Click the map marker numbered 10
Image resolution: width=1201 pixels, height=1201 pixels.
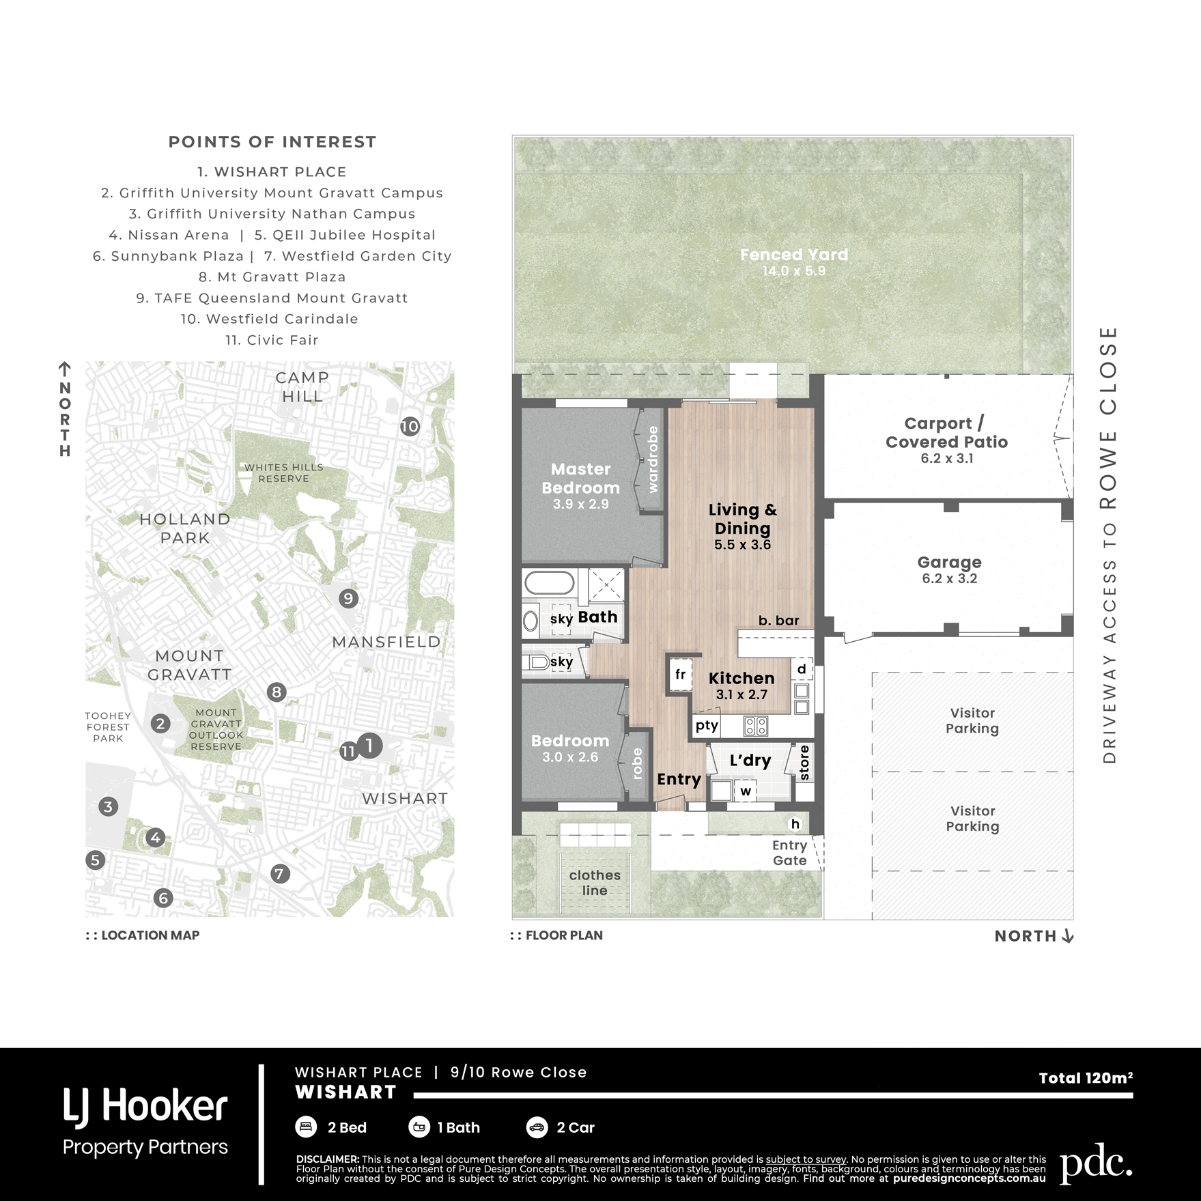tap(409, 427)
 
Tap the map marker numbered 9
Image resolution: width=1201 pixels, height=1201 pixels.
tap(348, 599)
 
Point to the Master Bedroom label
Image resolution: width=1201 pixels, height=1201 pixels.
tap(580, 479)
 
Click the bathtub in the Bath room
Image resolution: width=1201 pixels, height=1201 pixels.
tap(550, 584)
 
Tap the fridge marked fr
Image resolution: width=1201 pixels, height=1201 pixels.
tap(680, 675)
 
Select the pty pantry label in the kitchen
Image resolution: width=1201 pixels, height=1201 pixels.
tap(707, 726)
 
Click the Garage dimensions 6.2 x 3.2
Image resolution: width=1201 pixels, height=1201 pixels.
tap(949, 579)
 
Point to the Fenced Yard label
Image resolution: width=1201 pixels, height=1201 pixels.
tap(794, 255)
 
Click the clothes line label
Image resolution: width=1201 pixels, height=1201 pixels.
tap(595, 883)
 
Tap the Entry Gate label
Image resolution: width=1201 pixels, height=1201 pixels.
tap(789, 853)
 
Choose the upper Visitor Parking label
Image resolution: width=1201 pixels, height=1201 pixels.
tap(972, 720)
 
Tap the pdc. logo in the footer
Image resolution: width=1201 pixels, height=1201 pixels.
tap(1096, 1168)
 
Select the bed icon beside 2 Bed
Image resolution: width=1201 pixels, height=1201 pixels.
tap(306, 1127)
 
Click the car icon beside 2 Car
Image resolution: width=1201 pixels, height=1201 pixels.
tap(537, 1127)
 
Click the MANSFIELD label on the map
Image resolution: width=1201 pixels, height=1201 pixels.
tap(386, 642)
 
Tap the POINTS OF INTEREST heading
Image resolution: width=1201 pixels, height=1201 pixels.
tap(272, 142)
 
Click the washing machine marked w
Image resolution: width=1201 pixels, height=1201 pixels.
tap(746, 791)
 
